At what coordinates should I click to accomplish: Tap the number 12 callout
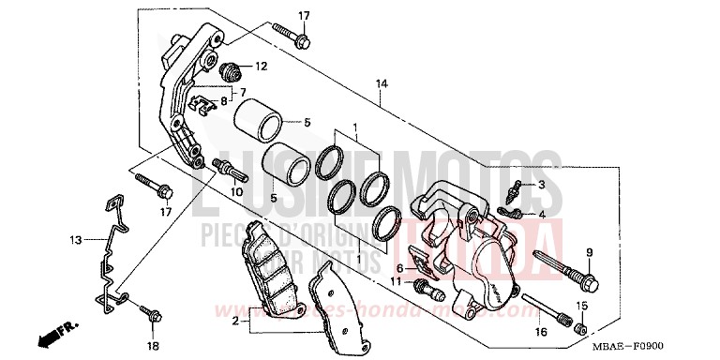(x=261, y=67)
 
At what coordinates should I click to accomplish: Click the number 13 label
(x=74, y=240)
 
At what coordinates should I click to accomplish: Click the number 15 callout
(x=581, y=306)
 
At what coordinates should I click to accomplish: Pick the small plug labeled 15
(x=579, y=327)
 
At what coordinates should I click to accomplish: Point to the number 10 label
(x=237, y=192)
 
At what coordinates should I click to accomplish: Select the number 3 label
(x=541, y=187)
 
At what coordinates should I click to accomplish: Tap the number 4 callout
(x=541, y=215)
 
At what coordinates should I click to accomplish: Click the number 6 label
(x=398, y=268)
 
